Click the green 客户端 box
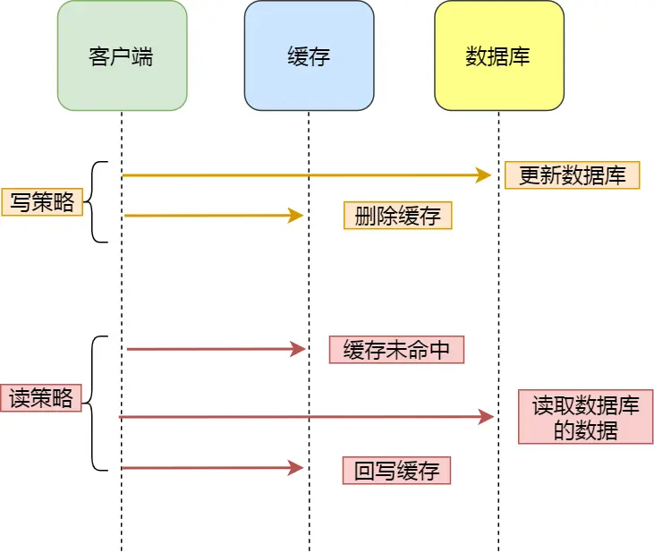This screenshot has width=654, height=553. pos(122,55)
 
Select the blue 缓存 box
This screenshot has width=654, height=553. pos(309,55)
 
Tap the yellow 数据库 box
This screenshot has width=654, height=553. pos(498,55)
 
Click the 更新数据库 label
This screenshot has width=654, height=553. pos(572,175)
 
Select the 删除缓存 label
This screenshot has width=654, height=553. pos(397,216)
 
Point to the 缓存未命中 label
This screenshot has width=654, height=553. pos(396,350)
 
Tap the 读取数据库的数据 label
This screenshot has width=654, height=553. pos(585,417)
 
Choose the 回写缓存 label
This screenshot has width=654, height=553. pos(396,471)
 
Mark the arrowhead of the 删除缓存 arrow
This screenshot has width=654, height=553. pos(296,216)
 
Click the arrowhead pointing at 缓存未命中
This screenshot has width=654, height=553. pos(298,349)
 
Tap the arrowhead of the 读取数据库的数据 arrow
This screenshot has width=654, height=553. pos(487,416)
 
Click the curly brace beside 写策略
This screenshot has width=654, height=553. pos(98,202)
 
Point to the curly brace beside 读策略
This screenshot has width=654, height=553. pos(98,403)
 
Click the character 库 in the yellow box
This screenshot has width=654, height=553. pos(520,56)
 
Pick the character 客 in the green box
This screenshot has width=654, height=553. pos(100,56)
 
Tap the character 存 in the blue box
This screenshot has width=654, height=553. pos(319,56)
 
